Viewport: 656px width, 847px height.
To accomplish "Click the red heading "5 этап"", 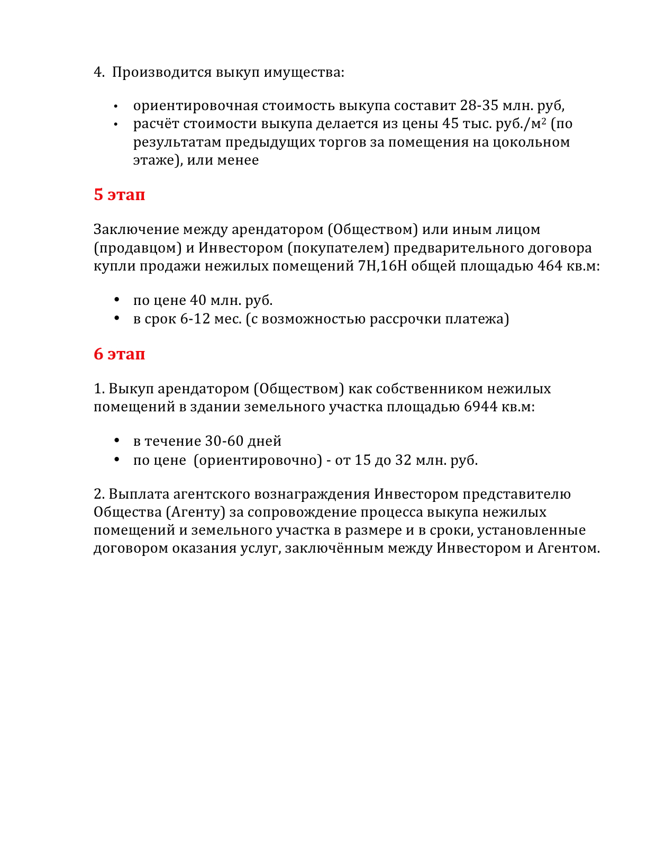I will [x=119, y=195].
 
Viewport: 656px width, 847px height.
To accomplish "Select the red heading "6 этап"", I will [x=119, y=354].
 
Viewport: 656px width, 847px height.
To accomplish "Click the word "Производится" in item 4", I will [x=162, y=72].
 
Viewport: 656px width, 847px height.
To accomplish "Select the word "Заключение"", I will [x=136, y=230].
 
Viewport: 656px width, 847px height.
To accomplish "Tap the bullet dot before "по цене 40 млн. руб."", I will [x=117, y=300].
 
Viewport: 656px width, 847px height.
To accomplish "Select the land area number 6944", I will [x=480, y=407].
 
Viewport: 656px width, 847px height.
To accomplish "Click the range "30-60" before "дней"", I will [x=224, y=441].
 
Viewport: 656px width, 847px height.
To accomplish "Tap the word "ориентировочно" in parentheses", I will [x=258, y=460].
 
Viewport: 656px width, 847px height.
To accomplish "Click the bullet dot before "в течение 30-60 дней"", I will [x=117, y=441].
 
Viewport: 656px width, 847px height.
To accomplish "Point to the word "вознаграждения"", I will [x=312, y=494].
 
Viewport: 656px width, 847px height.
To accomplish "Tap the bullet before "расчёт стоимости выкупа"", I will [x=116, y=124].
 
